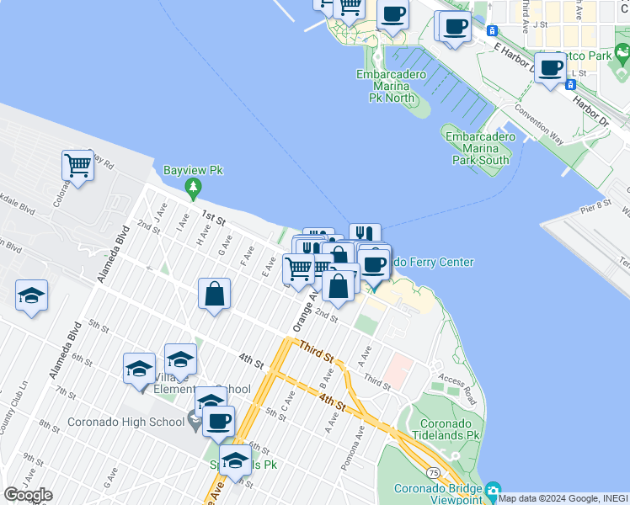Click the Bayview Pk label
(x=193, y=170)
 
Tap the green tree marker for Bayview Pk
(x=194, y=187)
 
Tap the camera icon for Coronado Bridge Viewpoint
(x=493, y=491)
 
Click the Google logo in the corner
(x=28, y=495)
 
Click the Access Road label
(x=456, y=390)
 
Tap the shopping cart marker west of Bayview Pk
(x=77, y=164)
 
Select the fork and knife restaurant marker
(x=365, y=236)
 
